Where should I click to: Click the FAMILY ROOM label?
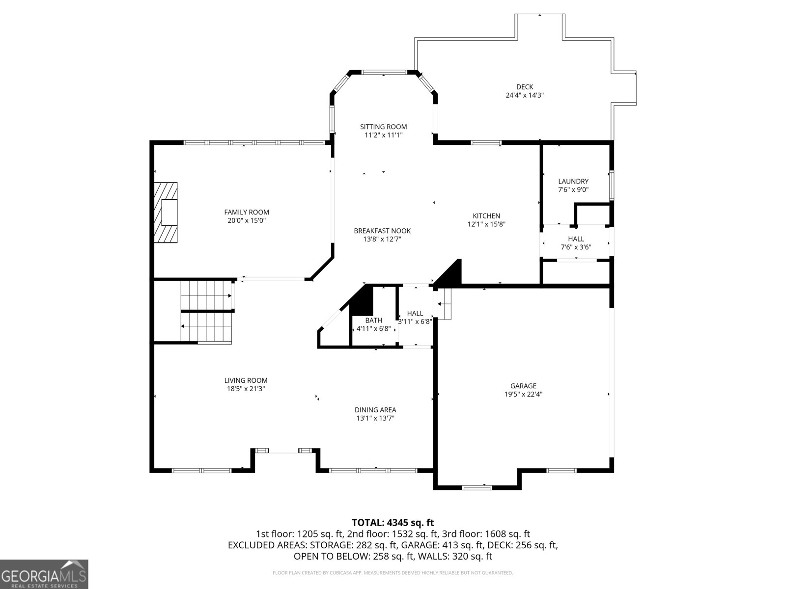247,212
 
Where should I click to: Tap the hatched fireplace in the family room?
166,213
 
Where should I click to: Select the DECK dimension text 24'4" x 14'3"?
525,95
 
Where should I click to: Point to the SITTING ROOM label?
383,127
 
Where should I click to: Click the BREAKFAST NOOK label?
382,231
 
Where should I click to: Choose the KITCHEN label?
486,215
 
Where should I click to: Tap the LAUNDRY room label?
573,181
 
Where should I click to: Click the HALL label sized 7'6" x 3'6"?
576,239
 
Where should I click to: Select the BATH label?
373,321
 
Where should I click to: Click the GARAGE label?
523,385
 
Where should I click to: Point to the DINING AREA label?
375,410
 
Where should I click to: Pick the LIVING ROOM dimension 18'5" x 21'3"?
246,389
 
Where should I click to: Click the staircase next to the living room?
207,312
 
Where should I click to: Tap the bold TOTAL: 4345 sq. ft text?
393,522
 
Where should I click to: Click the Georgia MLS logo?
44,574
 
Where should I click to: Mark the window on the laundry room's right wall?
612,185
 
